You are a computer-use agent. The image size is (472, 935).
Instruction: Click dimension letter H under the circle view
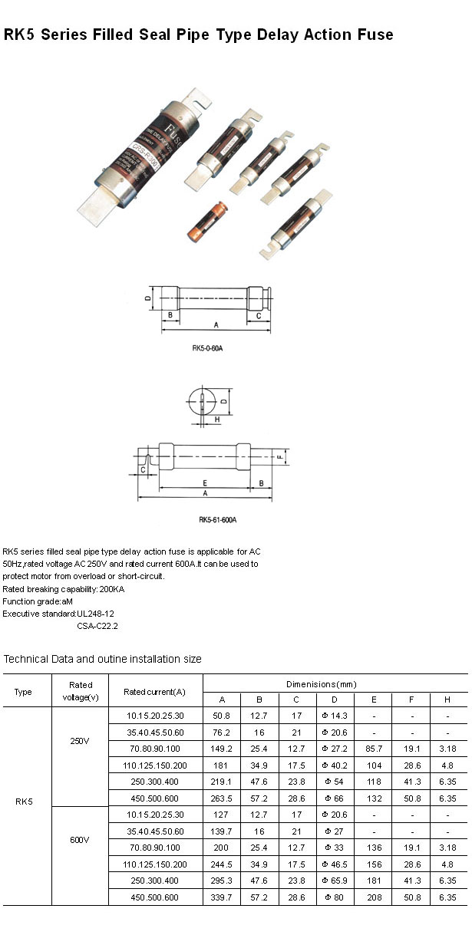(217, 420)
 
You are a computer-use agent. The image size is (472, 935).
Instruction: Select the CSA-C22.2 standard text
(97, 626)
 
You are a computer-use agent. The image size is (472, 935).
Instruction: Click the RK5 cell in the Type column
(24, 802)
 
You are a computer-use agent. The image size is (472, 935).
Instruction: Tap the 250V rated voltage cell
(80, 742)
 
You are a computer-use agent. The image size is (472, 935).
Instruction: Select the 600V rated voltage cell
(80, 840)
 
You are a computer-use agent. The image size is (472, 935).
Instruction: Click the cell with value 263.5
(222, 798)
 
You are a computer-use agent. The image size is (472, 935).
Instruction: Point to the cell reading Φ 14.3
(335, 715)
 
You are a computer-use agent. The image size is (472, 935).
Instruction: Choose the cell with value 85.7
(374, 748)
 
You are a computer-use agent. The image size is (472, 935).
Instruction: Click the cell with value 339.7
(222, 897)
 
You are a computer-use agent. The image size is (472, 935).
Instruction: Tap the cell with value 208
(374, 897)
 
